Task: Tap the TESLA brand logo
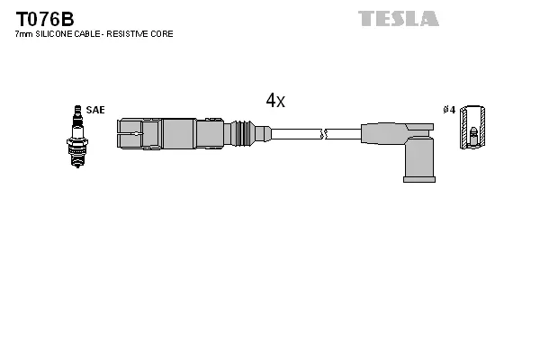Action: [x=399, y=18]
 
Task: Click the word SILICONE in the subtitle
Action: [x=56, y=34]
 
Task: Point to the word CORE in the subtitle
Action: [x=163, y=34]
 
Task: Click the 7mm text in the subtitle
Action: [x=24, y=34]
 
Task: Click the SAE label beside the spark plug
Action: [x=95, y=110]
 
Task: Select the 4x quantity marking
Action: [x=275, y=101]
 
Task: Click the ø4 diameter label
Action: [x=449, y=110]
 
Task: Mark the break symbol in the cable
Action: [x=326, y=134]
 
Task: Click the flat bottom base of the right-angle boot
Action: [x=418, y=179]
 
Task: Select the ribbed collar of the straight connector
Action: [x=240, y=133]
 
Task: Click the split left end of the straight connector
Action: [x=130, y=134]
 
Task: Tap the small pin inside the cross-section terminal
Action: [x=473, y=135]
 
